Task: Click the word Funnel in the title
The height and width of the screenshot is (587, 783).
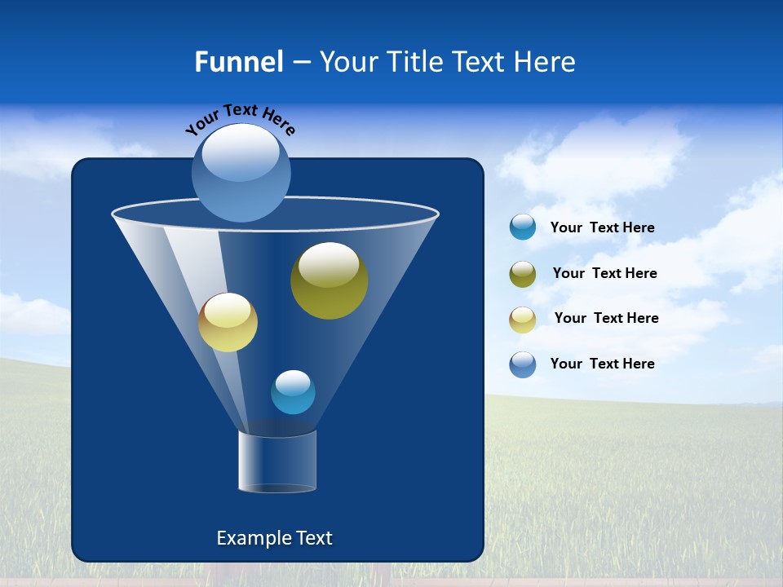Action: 238,61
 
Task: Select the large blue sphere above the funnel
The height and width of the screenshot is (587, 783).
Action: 241,174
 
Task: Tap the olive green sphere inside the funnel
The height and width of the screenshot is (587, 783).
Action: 329,281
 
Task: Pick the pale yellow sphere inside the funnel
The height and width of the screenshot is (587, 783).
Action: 228,323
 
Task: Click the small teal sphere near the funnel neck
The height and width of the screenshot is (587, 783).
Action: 293,392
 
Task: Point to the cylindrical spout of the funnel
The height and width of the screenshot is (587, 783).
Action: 277,461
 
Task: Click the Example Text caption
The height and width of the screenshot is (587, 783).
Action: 274,538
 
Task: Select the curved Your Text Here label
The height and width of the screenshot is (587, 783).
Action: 240,119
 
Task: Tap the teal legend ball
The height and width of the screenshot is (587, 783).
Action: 522,227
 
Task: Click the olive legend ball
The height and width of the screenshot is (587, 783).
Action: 522,274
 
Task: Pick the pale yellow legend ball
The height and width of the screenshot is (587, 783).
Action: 522,320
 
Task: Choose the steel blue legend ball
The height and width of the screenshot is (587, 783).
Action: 522,364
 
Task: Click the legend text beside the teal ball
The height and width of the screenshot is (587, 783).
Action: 602,228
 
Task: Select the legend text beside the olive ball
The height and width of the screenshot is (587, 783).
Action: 604,274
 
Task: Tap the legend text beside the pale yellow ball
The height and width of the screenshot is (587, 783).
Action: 606,319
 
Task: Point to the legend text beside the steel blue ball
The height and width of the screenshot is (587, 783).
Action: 602,364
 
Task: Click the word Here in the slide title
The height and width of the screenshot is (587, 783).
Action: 547,61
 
